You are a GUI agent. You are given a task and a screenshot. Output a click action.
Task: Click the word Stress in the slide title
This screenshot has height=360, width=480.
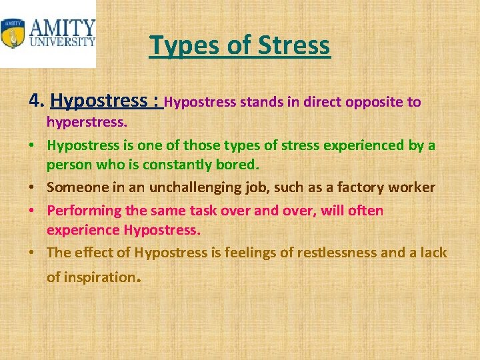295,45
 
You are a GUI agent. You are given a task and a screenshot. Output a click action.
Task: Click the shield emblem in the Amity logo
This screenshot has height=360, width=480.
13,33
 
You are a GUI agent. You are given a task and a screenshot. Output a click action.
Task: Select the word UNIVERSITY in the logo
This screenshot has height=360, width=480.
62,42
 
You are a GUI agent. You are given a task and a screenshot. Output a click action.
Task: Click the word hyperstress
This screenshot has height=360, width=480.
85,123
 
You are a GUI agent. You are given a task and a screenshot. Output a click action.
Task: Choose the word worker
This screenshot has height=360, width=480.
414,188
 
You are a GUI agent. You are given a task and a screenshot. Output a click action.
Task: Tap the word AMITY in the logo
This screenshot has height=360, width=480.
62,29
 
